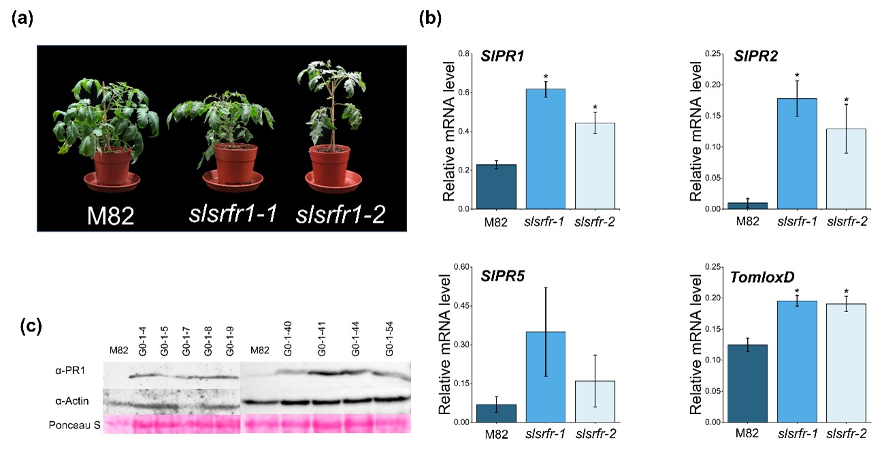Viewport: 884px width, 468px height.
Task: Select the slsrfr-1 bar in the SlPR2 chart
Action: point(797,153)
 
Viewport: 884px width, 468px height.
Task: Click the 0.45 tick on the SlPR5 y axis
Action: point(461,306)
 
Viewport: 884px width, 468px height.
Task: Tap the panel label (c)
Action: point(27,326)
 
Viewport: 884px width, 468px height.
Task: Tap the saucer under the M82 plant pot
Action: point(112,181)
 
